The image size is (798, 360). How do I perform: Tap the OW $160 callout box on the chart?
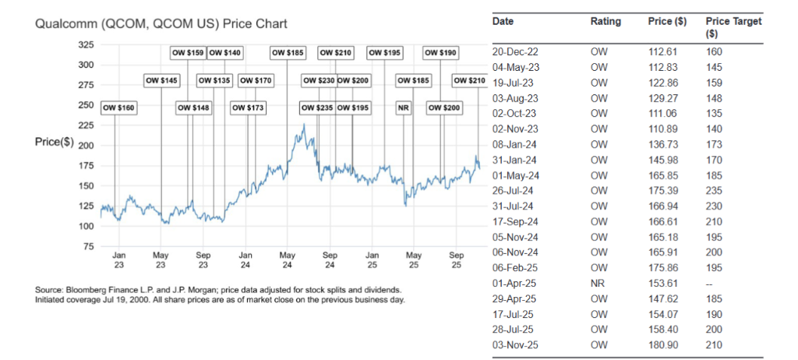118,107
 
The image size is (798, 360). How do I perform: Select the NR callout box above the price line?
403,107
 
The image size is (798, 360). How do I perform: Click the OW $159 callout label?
187,53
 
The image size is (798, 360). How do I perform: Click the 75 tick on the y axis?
88,246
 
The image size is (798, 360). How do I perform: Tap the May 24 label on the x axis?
288,259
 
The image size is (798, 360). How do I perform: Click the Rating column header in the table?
606,22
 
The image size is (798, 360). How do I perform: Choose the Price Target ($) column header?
733,28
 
